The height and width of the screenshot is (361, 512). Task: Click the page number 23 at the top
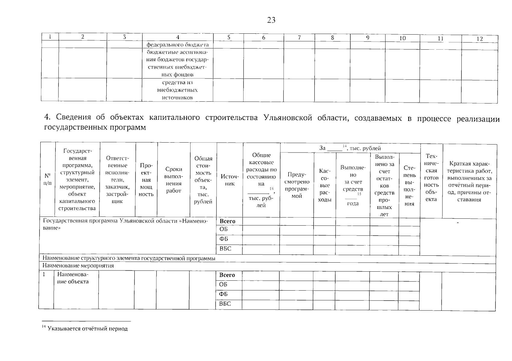tap(271, 20)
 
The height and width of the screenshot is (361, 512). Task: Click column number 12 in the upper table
tap(479, 39)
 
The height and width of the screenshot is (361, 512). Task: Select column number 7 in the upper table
tap(299, 38)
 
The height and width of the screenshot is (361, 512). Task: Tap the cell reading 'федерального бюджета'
tap(177, 45)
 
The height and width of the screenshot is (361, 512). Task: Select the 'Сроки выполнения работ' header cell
tap(173, 180)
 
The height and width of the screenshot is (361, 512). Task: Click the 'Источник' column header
tap(229, 180)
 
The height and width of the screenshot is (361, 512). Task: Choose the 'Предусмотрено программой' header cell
tap(297, 185)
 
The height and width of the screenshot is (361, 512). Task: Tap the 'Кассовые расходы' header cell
tap(325, 185)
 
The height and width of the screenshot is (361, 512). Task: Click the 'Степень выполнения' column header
tap(410, 185)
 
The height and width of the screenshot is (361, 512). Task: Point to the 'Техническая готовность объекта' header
tap(431, 177)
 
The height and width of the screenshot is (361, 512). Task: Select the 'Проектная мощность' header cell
tap(146, 180)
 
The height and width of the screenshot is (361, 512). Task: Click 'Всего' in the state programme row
tap(227, 221)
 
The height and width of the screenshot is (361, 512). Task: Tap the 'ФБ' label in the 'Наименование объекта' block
tap(223, 294)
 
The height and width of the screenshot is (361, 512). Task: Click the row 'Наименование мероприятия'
tap(78, 266)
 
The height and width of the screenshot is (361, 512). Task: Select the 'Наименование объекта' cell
tap(73, 278)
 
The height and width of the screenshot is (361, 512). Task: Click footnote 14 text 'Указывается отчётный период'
tap(88, 329)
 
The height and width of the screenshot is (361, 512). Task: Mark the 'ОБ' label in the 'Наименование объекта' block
tap(223, 284)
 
